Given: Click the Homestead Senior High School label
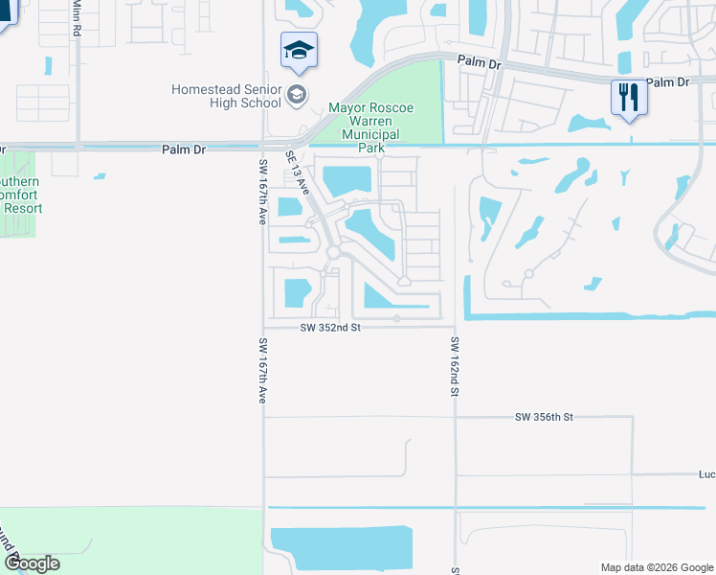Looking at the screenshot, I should tap(226, 96).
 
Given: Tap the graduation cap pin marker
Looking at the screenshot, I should tap(299, 50).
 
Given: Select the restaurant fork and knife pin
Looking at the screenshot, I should tap(628, 98).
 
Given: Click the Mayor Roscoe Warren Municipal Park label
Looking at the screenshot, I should tap(370, 127).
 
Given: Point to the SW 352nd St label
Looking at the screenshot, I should tap(329, 327).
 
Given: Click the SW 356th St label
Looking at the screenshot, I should tap(543, 417).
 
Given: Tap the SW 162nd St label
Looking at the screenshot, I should tap(456, 367).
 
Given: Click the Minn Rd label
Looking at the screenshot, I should tap(76, 17).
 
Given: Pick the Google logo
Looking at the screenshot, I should tap(32, 563).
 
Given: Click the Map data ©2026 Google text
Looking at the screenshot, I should tap(657, 567).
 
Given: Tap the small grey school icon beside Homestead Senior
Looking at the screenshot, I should tap(297, 94).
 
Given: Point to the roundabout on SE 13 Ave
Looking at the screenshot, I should tap(333, 251).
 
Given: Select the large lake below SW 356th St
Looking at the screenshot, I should tap(342, 550).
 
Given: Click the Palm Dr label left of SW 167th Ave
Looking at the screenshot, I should tap(184, 149).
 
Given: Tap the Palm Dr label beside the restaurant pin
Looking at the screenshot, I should tap(667, 83).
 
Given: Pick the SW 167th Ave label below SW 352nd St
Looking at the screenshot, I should tap(261, 370).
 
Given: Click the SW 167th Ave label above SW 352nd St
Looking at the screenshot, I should tap(260, 192).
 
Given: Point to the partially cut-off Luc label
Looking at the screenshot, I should tap(706, 473).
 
